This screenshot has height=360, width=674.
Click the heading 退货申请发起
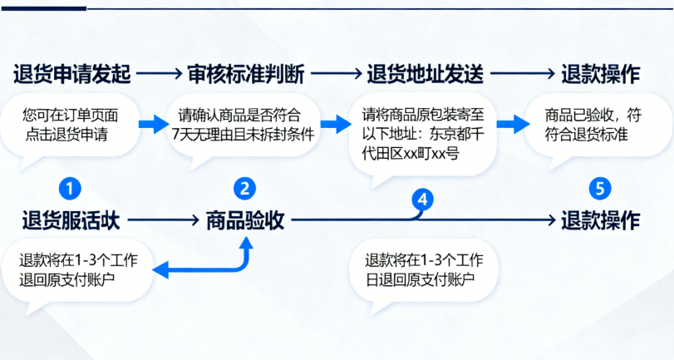(x=71, y=74)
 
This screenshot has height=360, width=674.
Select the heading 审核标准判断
(x=247, y=74)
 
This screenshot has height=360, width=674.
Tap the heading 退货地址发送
(x=425, y=74)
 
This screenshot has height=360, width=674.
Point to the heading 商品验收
(x=245, y=220)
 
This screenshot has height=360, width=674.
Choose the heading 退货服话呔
(x=71, y=220)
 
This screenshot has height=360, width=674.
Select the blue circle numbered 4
(x=423, y=199)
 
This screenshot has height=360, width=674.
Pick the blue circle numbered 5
(x=599, y=188)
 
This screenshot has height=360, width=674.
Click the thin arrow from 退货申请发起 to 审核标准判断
(x=159, y=74)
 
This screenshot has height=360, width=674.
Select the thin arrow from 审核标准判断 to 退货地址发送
(x=337, y=74)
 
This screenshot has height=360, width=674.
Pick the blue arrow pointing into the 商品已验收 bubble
(x=514, y=124)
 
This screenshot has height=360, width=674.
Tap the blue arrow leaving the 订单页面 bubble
(x=152, y=124)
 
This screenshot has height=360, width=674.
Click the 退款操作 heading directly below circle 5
(x=600, y=220)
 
